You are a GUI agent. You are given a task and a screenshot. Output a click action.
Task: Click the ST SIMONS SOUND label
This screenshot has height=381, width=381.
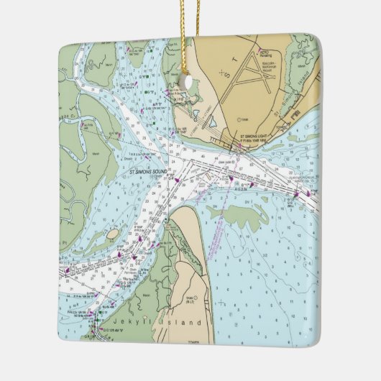click(147, 173)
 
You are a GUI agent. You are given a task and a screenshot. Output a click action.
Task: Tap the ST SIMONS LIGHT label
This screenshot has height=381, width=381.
click(260, 136)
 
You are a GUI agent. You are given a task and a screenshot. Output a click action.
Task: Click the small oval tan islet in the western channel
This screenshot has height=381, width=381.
click(113, 234)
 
